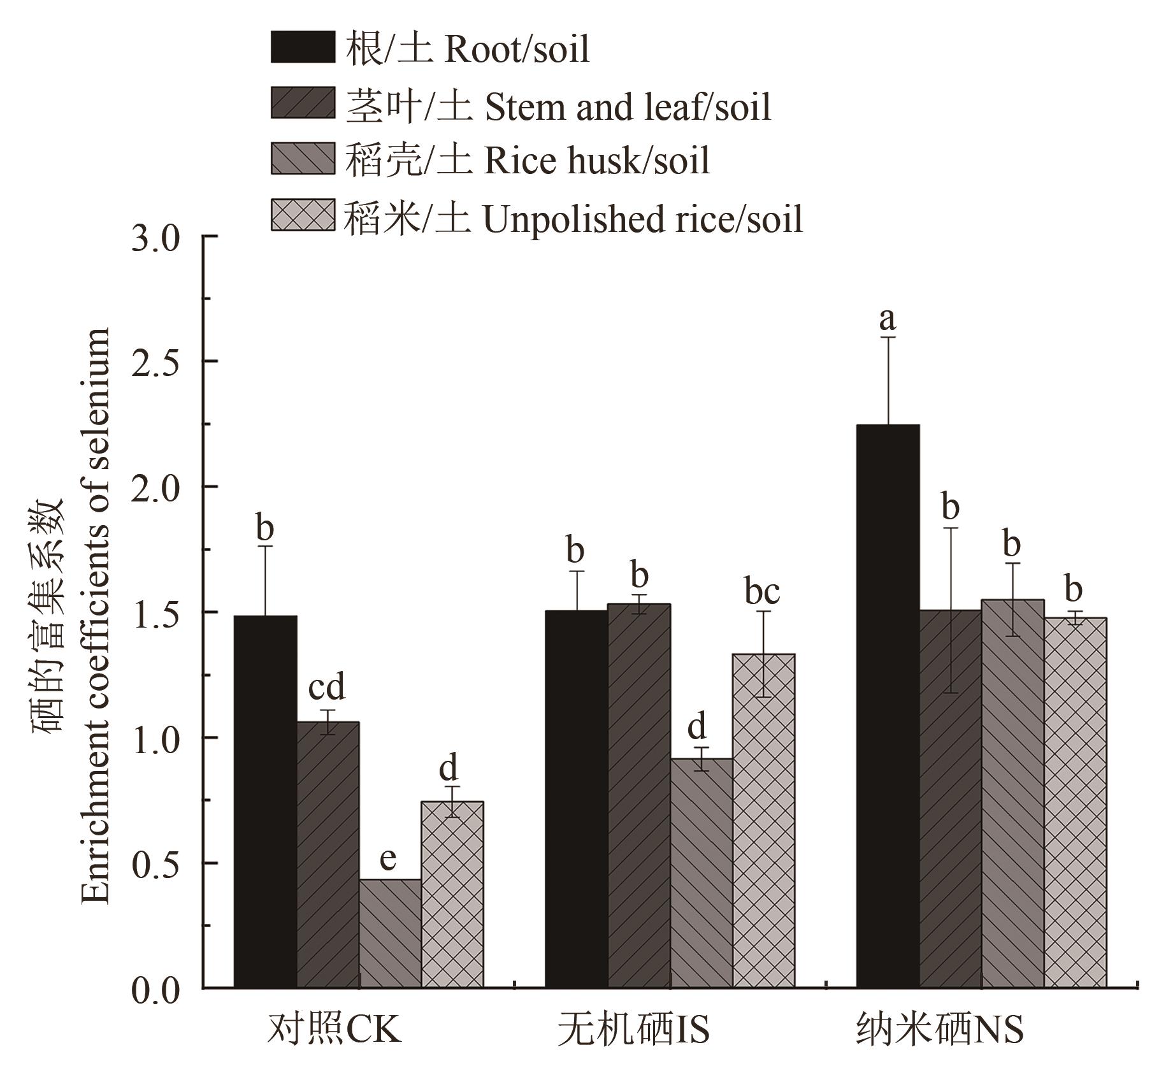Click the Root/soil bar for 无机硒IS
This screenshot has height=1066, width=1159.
coord(577,799)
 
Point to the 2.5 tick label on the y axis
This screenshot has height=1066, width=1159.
coord(156,361)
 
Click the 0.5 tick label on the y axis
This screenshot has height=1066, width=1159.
coord(156,863)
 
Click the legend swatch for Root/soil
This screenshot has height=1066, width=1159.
coord(303,47)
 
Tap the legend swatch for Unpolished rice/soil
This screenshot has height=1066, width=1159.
coord(303,215)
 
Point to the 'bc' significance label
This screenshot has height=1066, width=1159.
coord(762,591)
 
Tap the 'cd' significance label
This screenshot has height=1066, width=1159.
coord(326,688)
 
